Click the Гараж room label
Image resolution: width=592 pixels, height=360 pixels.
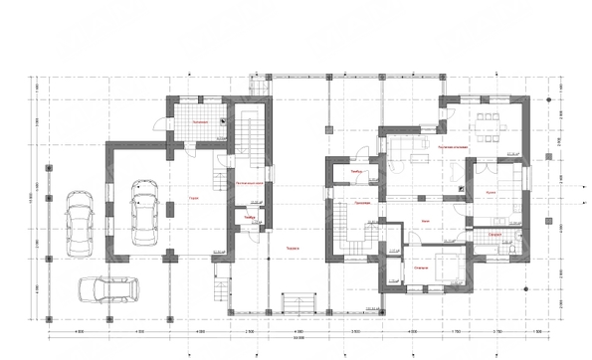coord(190,198)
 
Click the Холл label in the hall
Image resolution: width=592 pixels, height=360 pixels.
coord(426,220)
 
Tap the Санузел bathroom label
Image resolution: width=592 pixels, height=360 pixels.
coord(494,232)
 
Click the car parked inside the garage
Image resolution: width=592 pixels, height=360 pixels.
coord(144,208)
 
